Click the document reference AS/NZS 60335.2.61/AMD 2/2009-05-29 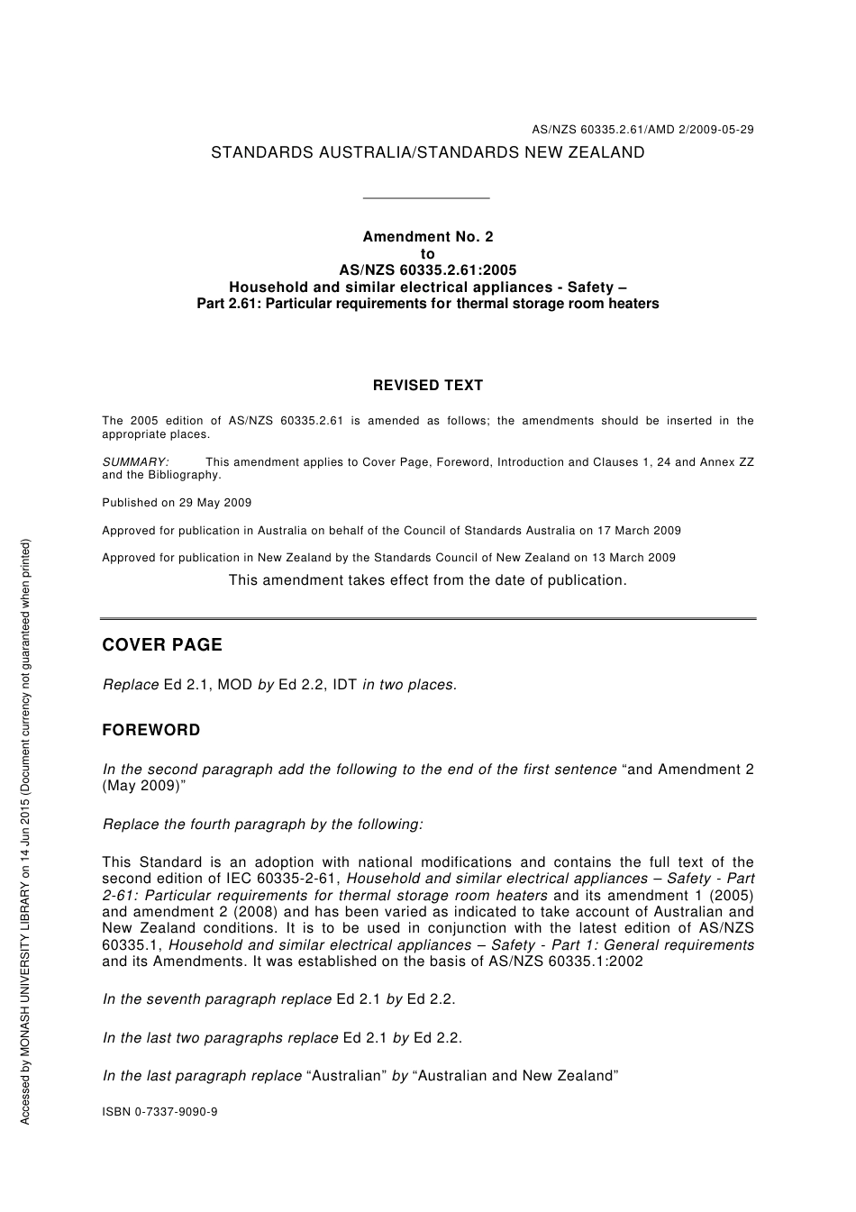[x=642, y=130]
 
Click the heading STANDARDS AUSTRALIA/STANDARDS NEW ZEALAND [x=427, y=153]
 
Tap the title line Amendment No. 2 [x=427, y=237]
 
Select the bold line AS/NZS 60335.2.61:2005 [x=427, y=270]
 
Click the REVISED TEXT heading [x=427, y=386]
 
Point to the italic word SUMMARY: [x=135, y=462]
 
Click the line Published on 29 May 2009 [x=177, y=503]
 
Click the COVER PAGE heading [x=162, y=645]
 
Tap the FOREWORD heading [x=151, y=731]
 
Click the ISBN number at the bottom [x=159, y=1112]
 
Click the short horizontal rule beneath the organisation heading [x=425, y=198]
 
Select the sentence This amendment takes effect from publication [x=427, y=580]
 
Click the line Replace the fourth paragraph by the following [x=262, y=825]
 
